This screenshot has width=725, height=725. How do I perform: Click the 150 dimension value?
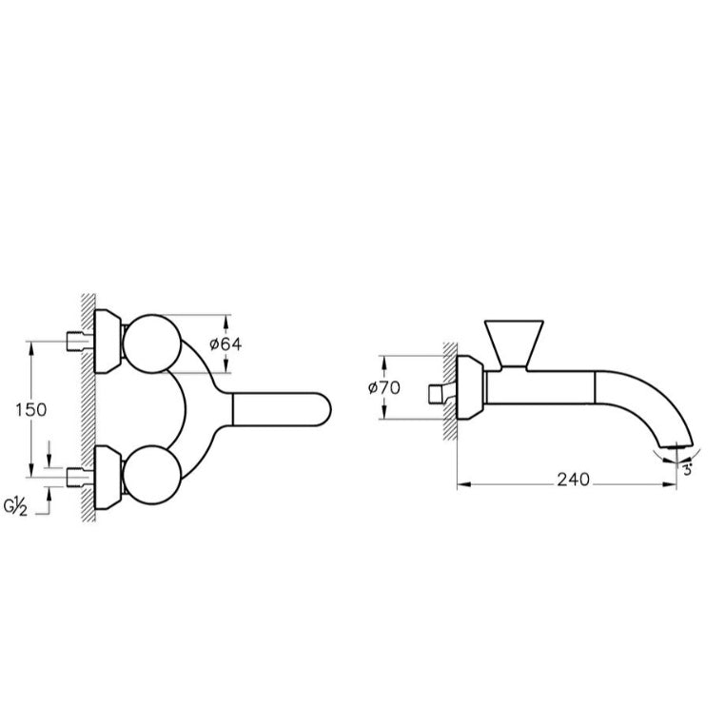click(x=31, y=410)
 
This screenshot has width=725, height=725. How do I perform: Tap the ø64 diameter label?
click(x=225, y=344)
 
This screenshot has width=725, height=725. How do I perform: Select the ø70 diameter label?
click(x=384, y=387)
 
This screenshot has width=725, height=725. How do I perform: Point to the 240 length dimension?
click(x=574, y=480)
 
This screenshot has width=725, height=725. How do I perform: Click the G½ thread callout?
click(x=16, y=507)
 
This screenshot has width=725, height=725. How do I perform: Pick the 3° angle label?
click(x=688, y=471)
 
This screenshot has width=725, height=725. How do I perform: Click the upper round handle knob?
click(x=151, y=343)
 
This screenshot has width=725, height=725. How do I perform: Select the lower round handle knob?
click(x=151, y=475)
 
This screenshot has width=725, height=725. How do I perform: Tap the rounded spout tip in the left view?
click(x=323, y=410)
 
